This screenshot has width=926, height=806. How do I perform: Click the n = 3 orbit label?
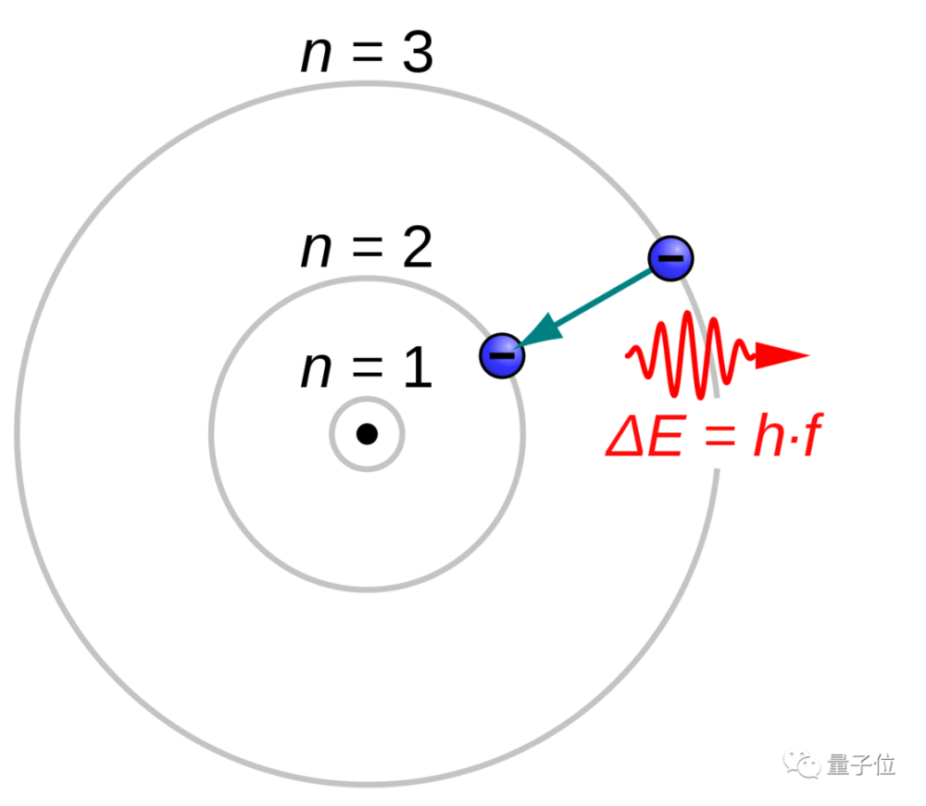click(367, 53)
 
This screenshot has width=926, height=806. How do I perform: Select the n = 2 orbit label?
click(367, 247)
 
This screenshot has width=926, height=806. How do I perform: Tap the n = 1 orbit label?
click(367, 367)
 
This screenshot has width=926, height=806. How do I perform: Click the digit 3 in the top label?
click(418, 53)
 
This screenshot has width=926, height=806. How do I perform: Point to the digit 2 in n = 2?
click(418, 247)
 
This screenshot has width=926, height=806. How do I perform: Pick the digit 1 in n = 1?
click(419, 366)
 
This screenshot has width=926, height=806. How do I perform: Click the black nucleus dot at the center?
click(367, 434)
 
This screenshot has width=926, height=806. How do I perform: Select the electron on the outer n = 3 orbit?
click(670, 258)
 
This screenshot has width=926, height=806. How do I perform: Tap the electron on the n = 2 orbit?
click(502, 355)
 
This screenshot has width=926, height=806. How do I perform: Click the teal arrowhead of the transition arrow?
click(541, 330)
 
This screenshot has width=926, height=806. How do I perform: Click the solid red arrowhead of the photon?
click(782, 355)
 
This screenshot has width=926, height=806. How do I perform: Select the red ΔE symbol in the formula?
click(645, 436)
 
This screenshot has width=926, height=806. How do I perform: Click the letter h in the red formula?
click(770, 434)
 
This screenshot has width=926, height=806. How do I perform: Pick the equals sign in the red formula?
click(720, 437)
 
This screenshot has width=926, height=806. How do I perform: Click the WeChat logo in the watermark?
click(801, 764)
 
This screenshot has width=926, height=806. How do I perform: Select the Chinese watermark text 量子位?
click(861, 764)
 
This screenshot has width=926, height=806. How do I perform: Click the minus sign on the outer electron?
click(670, 258)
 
